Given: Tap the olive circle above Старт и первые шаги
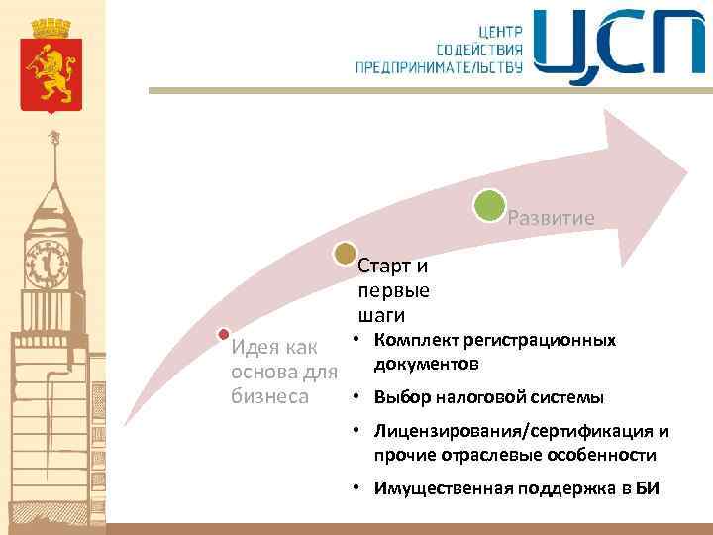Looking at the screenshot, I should [x=345, y=255].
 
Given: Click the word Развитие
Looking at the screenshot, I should [x=551, y=218].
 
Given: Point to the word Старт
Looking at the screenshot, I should [x=380, y=267].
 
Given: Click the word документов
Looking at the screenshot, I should [x=427, y=365].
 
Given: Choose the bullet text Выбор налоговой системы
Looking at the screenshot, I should [x=488, y=398].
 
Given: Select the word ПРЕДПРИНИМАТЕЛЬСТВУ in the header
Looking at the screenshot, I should [x=439, y=67].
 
